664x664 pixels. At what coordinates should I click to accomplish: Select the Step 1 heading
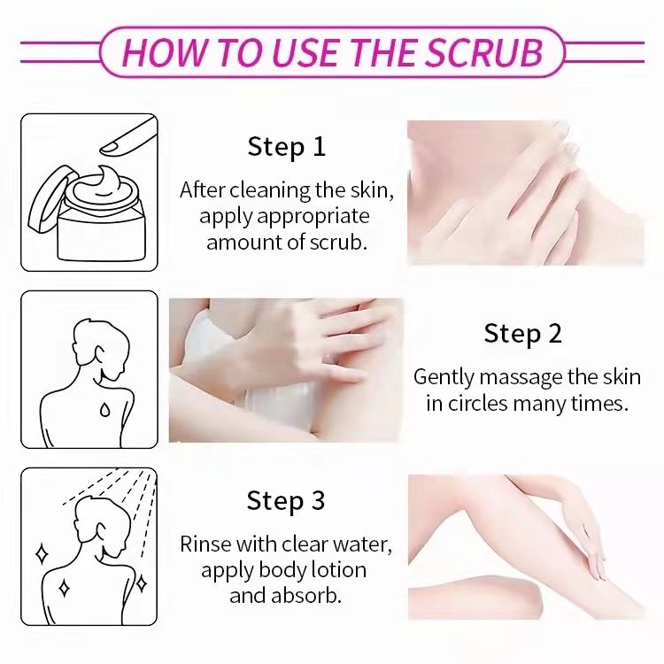point(287,146)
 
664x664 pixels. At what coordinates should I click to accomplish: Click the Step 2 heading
point(523,334)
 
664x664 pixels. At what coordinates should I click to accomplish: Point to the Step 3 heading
point(287,501)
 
